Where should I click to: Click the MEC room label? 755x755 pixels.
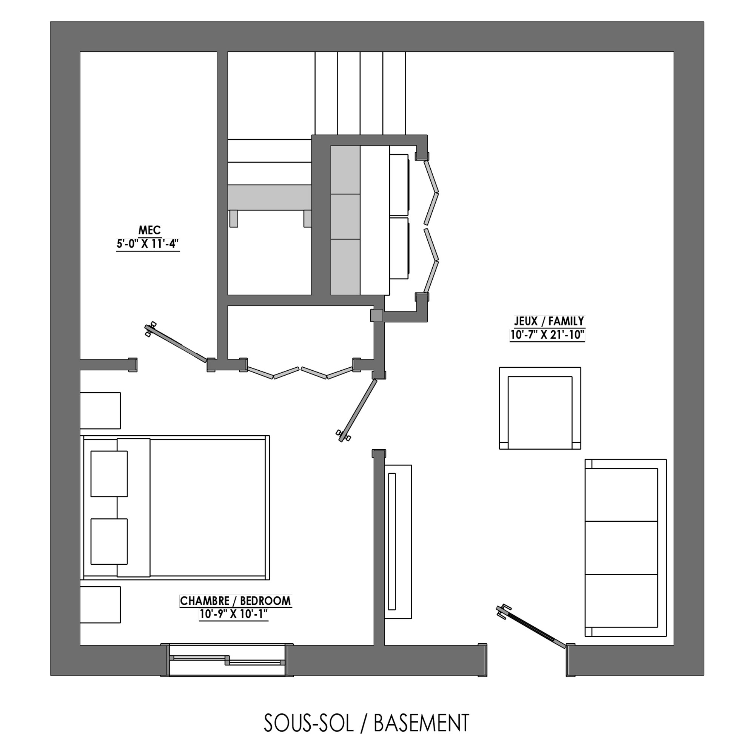[149, 230]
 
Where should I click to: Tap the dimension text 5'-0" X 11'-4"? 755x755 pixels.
[148, 244]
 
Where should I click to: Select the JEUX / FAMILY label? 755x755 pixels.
[549, 321]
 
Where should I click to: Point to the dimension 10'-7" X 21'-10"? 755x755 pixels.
[547, 335]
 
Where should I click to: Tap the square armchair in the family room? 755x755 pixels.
[540, 408]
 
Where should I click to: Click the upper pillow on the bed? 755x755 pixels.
[109, 474]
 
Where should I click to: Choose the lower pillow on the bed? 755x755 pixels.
[109, 542]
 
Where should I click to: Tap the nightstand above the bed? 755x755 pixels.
[100, 411]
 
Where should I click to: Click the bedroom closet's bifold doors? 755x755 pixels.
[300, 373]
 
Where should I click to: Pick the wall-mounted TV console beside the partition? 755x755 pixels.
[398, 542]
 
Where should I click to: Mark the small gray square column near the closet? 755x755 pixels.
[377, 316]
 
